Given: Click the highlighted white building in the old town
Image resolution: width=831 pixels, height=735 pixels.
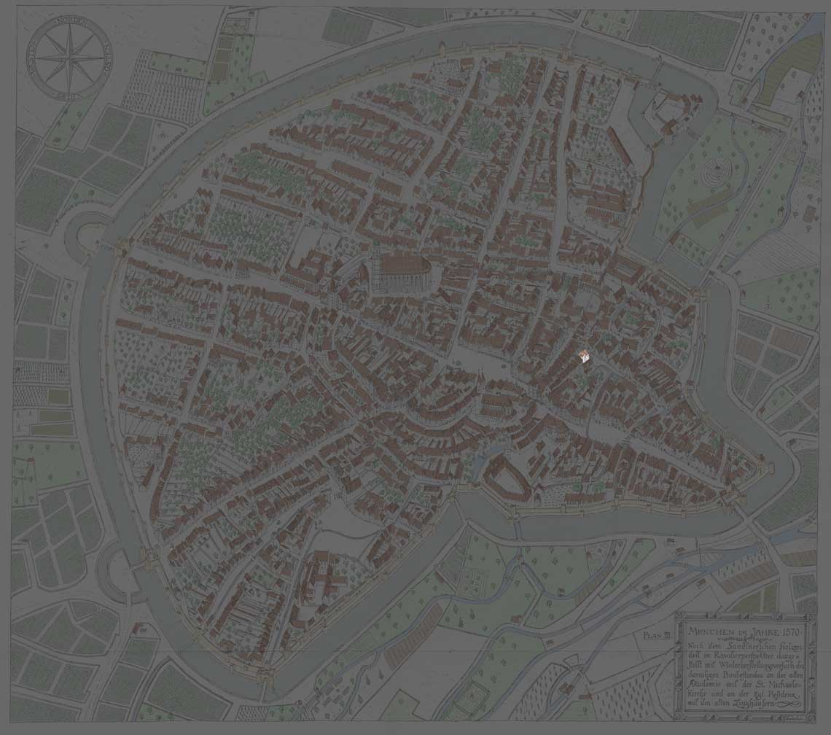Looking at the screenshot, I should pyautogui.click(x=584, y=356).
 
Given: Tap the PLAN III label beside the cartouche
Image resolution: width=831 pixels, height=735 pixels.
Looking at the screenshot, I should pyautogui.click(x=657, y=635).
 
